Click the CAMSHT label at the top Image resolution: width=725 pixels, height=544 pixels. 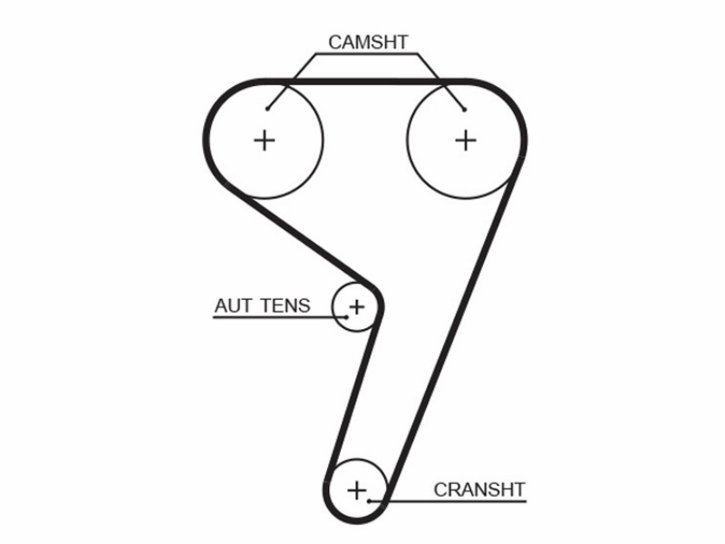pyautogui.click(x=368, y=43)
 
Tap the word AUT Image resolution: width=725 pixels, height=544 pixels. pyautogui.click(x=234, y=306)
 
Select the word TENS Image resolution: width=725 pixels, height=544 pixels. pyautogui.click(x=285, y=306)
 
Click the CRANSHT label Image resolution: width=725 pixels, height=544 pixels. pyautogui.click(x=479, y=490)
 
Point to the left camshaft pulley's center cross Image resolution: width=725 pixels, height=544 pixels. pyautogui.click(x=265, y=141)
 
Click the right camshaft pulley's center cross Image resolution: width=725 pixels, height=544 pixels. pyautogui.click(x=466, y=141)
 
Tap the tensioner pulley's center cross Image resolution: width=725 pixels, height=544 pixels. pyautogui.click(x=356, y=306)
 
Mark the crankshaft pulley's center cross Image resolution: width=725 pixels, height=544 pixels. pyautogui.click(x=356, y=490)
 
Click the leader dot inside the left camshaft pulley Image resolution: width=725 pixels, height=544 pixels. pyautogui.click(x=267, y=109)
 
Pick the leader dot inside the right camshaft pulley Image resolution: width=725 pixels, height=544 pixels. pyautogui.click(x=464, y=110)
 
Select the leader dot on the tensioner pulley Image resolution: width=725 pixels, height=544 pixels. pyautogui.click(x=346, y=317)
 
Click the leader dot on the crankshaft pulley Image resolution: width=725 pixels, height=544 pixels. pyautogui.click(x=369, y=501)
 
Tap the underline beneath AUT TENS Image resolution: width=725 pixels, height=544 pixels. pyautogui.click(x=279, y=317)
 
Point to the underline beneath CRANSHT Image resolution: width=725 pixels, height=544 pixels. pyautogui.click(x=448, y=501)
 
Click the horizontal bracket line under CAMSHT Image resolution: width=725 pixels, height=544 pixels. pyautogui.click(x=367, y=54)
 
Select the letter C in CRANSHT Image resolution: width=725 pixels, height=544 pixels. pyautogui.click(x=440, y=490)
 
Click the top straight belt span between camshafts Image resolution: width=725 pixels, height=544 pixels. pyautogui.click(x=365, y=82)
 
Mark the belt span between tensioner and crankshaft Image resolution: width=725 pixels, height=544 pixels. pyautogui.click(x=353, y=395)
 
